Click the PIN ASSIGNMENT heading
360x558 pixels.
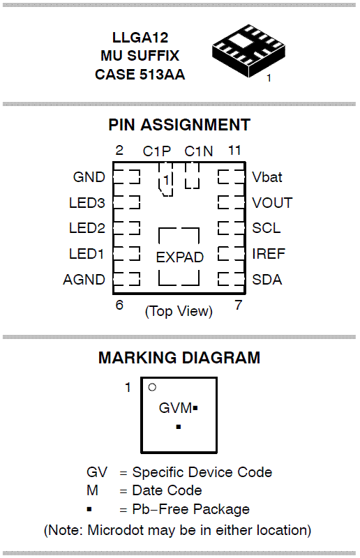click(x=179, y=125)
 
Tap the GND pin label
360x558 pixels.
click(x=89, y=177)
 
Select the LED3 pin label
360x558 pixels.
click(x=87, y=202)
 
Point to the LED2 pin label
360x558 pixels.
click(x=87, y=228)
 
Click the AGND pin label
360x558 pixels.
click(x=84, y=280)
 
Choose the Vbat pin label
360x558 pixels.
click(x=267, y=177)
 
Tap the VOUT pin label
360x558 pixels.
click(x=272, y=202)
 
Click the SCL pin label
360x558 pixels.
click(x=267, y=228)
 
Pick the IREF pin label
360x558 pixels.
click(x=269, y=254)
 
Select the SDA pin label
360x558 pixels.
click(x=267, y=280)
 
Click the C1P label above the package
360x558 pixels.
click(x=157, y=151)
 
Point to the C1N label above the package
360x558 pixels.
click(x=199, y=151)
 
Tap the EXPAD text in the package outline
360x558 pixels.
click(x=179, y=257)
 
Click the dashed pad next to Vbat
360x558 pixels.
click(x=232, y=176)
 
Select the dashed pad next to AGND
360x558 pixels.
click(x=127, y=279)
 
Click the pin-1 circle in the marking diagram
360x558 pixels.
click(x=152, y=387)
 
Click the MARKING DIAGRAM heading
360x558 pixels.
click(x=179, y=358)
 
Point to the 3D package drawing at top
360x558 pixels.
click(x=248, y=50)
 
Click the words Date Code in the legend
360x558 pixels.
click(x=167, y=490)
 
